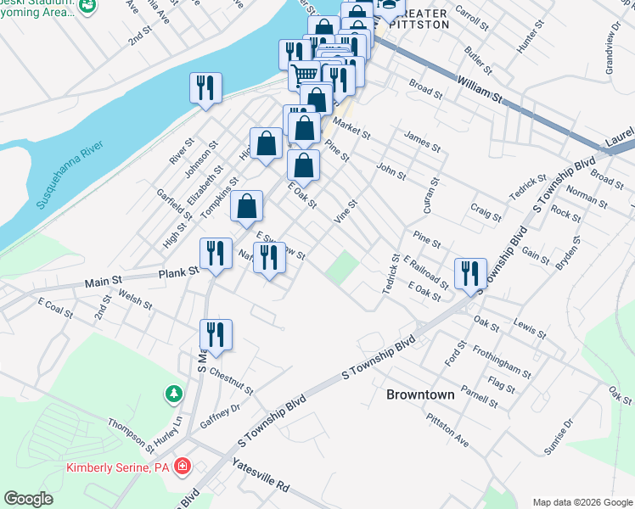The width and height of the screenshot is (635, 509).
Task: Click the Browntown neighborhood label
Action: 420,394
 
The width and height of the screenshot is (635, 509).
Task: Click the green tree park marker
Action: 174,394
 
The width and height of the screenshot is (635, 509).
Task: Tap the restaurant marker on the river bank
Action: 205,88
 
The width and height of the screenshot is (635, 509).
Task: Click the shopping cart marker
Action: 305,74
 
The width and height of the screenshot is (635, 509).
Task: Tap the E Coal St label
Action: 55,308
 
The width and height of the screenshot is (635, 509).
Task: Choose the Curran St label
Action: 433,195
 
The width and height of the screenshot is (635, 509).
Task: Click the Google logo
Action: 29,499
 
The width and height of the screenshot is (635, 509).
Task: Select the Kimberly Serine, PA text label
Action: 118,467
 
